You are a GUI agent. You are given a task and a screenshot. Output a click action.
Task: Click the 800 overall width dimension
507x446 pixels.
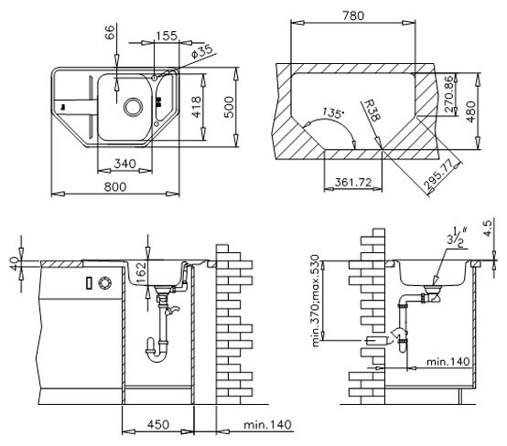point(115,186)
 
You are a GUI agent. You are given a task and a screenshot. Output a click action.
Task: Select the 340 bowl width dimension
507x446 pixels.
point(124,164)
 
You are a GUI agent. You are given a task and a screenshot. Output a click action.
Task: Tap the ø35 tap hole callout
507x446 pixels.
point(202,51)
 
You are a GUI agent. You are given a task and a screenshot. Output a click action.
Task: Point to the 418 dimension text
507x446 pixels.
point(196,107)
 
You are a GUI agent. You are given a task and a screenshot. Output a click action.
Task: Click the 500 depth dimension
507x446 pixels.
point(228,107)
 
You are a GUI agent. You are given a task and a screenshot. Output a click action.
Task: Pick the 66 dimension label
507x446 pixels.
point(110,32)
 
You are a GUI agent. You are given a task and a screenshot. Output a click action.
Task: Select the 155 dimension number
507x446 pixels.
point(167,36)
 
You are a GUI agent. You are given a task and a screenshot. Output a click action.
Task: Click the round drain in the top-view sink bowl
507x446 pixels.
point(133,107)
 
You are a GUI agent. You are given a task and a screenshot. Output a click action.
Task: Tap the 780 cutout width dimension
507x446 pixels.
point(353,16)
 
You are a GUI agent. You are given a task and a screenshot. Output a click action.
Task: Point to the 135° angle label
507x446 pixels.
point(333,113)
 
